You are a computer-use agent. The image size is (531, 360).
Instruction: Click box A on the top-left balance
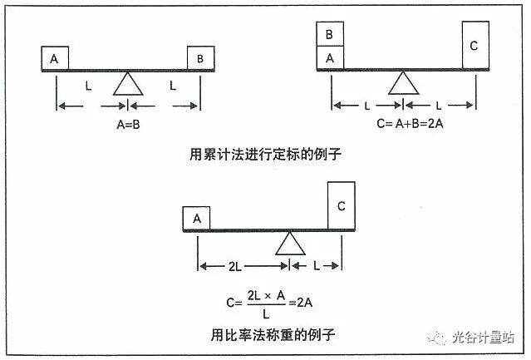point(54,59)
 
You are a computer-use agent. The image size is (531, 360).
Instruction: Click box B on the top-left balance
point(200,59)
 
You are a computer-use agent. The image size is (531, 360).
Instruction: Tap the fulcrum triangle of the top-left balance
point(127,84)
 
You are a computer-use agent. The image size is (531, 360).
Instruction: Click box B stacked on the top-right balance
point(330,35)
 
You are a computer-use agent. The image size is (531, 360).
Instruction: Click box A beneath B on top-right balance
point(330,58)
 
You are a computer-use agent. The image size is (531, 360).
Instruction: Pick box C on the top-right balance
point(474,46)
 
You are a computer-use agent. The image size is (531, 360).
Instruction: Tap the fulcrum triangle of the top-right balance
point(403,83)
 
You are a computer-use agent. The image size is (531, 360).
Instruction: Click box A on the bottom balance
point(196,219)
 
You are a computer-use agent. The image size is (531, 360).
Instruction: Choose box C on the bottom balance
point(341,205)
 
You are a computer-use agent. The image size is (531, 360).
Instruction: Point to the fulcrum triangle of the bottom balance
point(289,243)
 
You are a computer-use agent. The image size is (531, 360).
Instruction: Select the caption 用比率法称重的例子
point(266,336)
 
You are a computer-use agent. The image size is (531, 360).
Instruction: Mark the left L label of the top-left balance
point(89,86)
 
